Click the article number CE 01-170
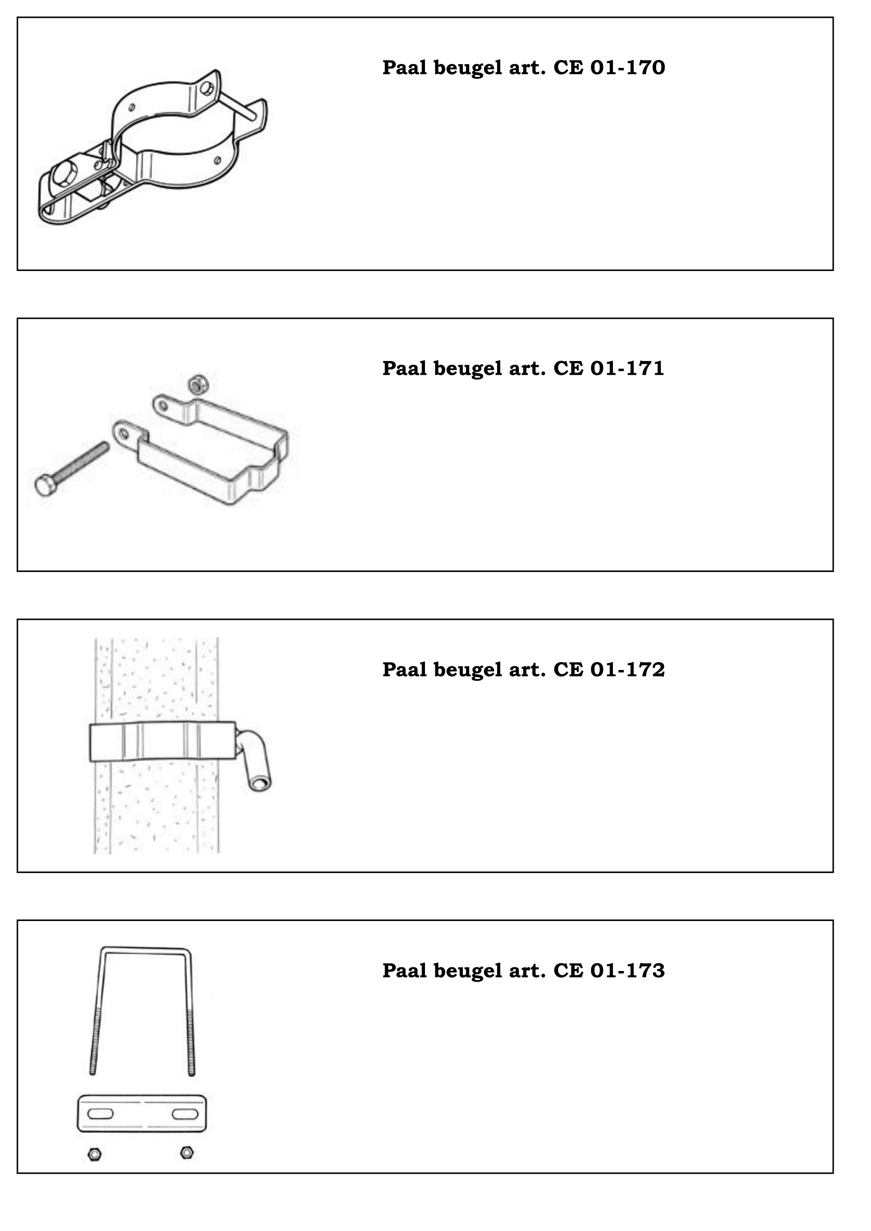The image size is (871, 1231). pos(609,67)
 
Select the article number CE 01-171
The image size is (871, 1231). pos(609,368)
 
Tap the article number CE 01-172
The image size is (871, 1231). pos(609,669)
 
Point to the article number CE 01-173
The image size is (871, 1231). pos(609,970)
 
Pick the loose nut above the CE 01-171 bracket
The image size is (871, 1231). pos(198,384)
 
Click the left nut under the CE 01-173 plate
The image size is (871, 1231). pos(95,1153)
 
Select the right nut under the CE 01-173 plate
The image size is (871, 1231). pos(187,1152)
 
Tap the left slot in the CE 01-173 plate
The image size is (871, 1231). pos(100,1114)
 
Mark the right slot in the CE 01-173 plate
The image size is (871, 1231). pos(185,1114)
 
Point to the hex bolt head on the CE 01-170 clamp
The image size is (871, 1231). pos(64,174)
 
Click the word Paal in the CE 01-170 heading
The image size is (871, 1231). pos(404,67)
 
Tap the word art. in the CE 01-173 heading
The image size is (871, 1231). pos(528,971)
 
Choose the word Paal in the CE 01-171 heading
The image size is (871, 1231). pos(404,368)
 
